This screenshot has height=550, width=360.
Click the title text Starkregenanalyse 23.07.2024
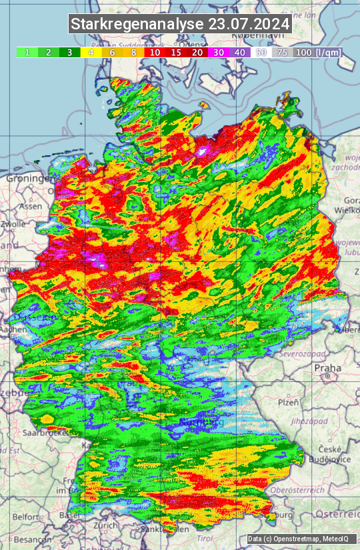(180, 24)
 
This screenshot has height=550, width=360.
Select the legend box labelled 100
(303, 52)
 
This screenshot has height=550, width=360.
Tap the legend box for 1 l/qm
(27, 52)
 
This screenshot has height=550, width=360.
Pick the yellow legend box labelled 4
(91, 52)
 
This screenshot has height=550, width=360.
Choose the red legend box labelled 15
(176, 52)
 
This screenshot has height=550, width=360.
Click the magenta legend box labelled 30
(219, 52)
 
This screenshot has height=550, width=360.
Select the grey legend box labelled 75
(282, 52)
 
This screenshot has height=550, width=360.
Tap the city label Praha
(328, 367)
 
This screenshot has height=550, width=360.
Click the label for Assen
(31, 207)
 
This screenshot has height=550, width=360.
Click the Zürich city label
(106, 525)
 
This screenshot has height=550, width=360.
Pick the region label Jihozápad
(308, 421)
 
